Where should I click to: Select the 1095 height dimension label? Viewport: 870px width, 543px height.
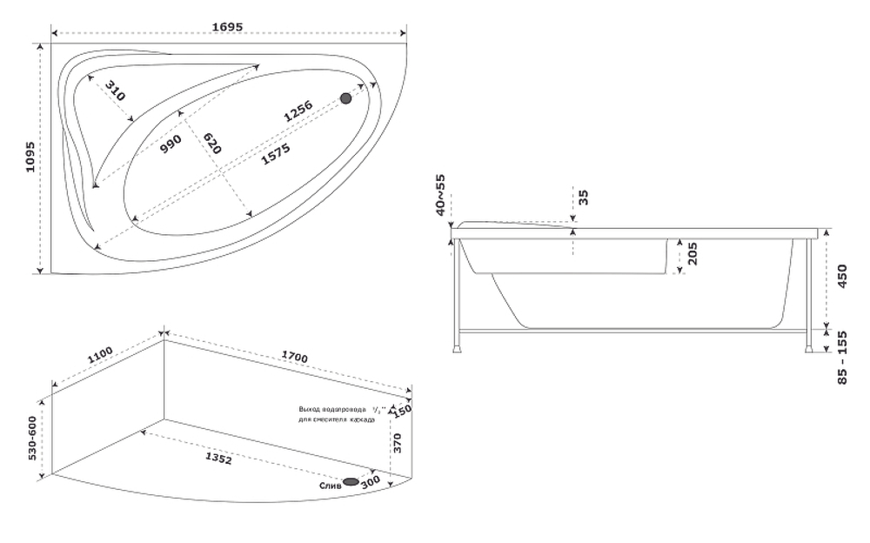pos(29,157)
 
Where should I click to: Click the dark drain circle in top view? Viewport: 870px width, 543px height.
pos(346,98)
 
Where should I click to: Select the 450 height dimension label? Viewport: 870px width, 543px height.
pos(841,276)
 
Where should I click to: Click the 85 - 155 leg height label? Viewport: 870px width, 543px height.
pos(841,358)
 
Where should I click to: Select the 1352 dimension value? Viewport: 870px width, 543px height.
pos(217,457)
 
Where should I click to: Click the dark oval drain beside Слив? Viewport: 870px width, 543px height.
pos(352,481)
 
